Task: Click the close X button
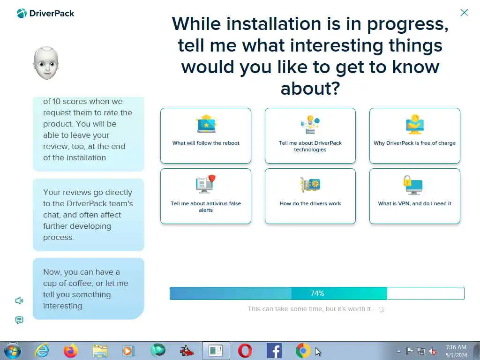coord(464,13)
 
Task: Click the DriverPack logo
coord(45,14)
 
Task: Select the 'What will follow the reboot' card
coord(206,135)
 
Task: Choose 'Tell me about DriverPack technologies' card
coord(310,135)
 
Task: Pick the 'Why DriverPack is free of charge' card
coord(414,135)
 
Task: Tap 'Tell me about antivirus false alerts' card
coord(206,196)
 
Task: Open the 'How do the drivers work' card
coord(310,196)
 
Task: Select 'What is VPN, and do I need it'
coord(414,196)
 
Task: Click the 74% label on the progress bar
coord(317,293)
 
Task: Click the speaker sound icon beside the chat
coord(19,300)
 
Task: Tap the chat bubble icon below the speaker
coord(19,320)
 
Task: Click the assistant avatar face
coord(46,63)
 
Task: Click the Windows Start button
coord(13,351)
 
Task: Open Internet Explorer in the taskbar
coord(42,351)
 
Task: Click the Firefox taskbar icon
coord(71,351)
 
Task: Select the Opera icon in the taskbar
coord(245,351)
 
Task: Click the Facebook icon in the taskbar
coord(274,351)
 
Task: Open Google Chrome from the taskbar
coord(303,351)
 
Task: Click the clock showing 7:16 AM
coord(456,347)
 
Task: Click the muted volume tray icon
coord(433,352)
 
